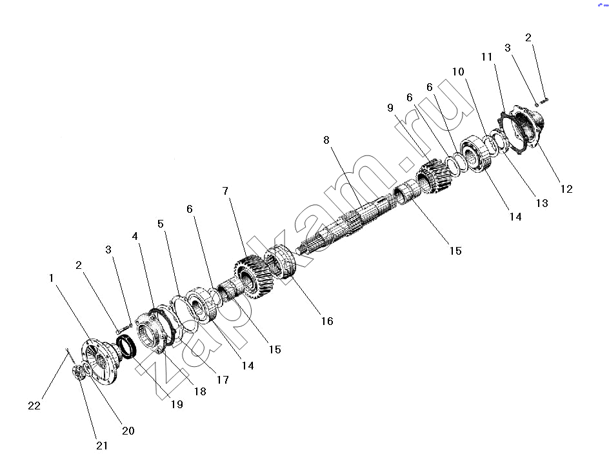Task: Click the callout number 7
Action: point(225,191)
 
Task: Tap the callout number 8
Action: point(326,140)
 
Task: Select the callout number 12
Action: point(566,189)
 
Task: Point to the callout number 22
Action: point(34,406)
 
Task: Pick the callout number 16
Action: point(327,321)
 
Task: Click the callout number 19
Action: point(177,404)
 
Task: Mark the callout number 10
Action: point(458,72)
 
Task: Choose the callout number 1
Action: point(51,278)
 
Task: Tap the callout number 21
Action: point(102,446)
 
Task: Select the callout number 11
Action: point(486,57)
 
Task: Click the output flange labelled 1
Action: point(99,362)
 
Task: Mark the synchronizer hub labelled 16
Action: point(281,262)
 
